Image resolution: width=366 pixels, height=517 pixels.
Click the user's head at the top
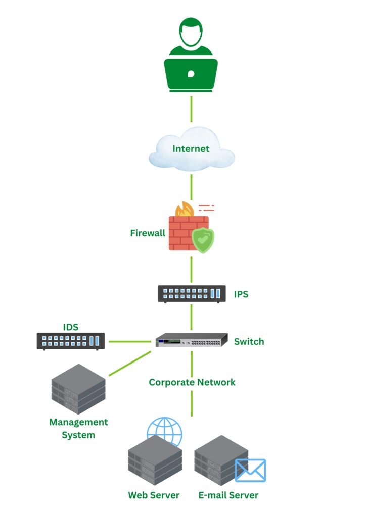191,32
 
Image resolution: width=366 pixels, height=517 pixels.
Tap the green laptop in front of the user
191,74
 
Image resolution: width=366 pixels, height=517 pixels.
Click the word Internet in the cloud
191,149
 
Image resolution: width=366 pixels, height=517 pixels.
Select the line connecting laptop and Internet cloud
191,108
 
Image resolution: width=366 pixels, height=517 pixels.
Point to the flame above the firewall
184,209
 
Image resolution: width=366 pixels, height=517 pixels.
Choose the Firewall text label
148,233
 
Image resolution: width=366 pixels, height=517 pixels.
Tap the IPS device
192,294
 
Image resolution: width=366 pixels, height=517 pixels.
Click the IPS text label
241,294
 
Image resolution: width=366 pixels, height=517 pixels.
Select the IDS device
71,341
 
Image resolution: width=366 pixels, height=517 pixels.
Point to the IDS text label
71,328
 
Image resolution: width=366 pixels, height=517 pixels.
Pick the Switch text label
249,342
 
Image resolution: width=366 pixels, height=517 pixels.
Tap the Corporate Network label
192,382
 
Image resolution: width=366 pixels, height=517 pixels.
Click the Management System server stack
78,388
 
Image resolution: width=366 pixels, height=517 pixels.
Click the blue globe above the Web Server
164,431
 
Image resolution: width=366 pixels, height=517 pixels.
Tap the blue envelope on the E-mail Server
250,470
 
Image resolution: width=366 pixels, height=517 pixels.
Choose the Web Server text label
154,495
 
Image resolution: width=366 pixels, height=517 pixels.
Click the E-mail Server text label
228,495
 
